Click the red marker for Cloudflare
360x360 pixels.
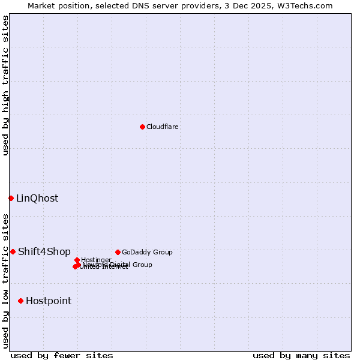point(142,127)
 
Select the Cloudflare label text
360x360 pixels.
point(163,127)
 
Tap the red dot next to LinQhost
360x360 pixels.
point(11,198)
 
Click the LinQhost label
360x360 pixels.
point(37,199)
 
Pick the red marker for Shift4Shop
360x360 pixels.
point(13,252)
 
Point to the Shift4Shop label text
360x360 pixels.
point(44,252)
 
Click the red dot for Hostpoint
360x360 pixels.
point(20,301)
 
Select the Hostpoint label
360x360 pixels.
point(49,301)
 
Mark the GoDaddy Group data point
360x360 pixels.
point(118,252)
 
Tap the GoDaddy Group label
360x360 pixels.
point(147,252)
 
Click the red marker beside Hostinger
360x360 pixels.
point(77,260)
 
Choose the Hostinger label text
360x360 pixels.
point(96,260)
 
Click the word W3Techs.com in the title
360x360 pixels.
point(304,6)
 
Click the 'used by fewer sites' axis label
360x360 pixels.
point(62,355)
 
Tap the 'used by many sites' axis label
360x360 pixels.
point(301,355)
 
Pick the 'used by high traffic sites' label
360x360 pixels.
point(6,85)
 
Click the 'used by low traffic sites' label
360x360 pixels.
point(6,280)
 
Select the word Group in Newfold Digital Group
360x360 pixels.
point(142,265)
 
